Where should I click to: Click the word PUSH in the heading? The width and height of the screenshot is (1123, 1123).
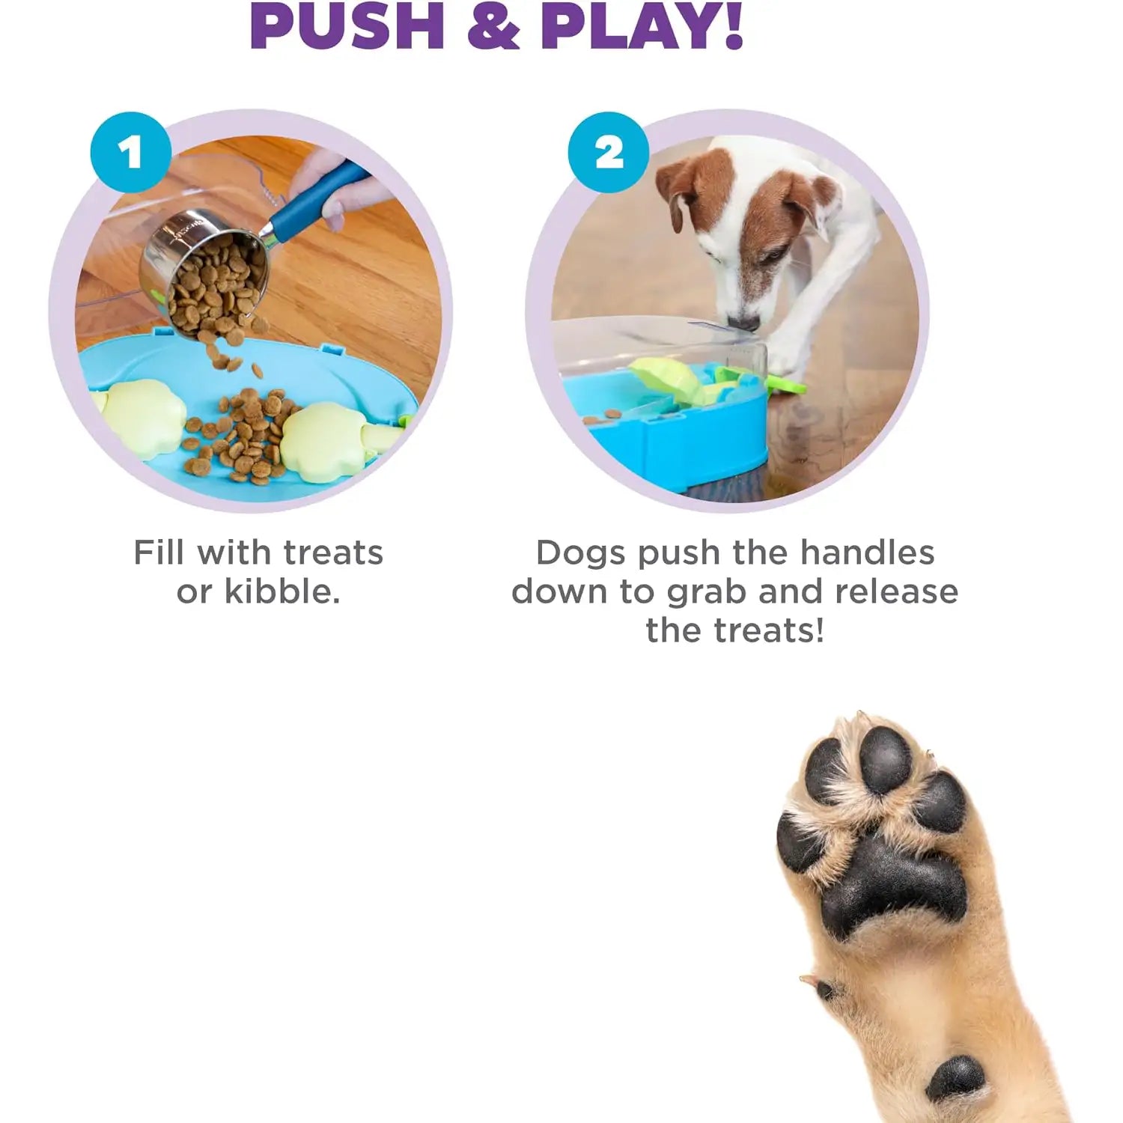coord(347,26)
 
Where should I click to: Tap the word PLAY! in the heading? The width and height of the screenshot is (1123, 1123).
coord(642,26)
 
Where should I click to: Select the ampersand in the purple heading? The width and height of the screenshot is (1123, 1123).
coord(493,26)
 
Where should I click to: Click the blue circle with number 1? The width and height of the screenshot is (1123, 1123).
coord(131,153)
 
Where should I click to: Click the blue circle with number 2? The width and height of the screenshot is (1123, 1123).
coord(608,153)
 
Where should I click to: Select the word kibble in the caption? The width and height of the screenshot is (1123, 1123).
coord(282,592)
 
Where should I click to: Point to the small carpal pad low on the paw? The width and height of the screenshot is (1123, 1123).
coord(955,1078)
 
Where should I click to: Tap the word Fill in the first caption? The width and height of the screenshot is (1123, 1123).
coord(159,553)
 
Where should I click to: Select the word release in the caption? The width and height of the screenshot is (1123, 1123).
coord(896,591)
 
